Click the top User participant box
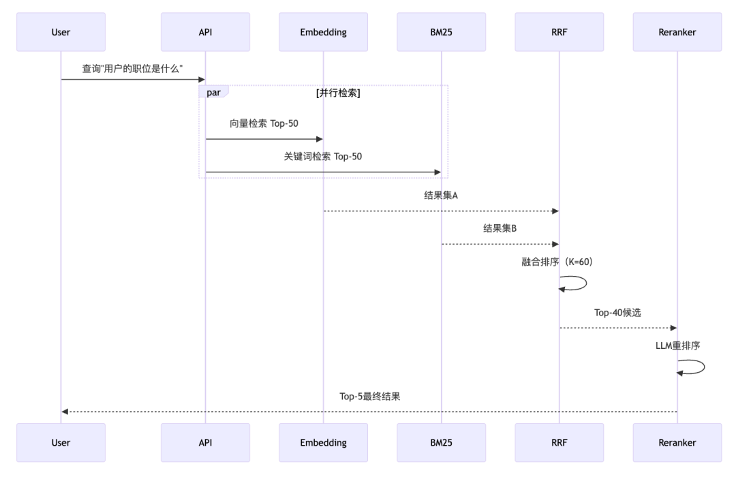pyautogui.click(x=61, y=32)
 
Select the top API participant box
pyautogui.click(x=205, y=32)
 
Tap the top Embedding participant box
pyautogui.click(x=323, y=32)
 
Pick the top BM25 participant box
pyautogui.click(x=441, y=32)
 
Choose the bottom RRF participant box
pyautogui.click(x=559, y=442)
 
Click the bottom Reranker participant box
pyautogui.click(x=677, y=442)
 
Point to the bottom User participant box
pyautogui.click(x=61, y=442)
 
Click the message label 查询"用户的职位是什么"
pyautogui.click(x=133, y=69)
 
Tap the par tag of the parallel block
pyautogui.click(x=213, y=93)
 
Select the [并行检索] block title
pyautogui.click(x=338, y=93)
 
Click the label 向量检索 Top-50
pyautogui.click(x=264, y=124)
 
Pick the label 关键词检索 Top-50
pyautogui.click(x=323, y=157)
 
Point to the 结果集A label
pyautogui.click(x=441, y=196)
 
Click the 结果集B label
pyautogui.click(x=500, y=228)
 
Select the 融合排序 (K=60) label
pyautogui.click(x=559, y=262)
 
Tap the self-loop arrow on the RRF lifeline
pyautogui.click(x=574, y=283)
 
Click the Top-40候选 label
pyautogui.click(x=617, y=312)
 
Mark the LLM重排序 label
pyautogui.click(x=677, y=345)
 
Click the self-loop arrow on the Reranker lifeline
pyautogui.click(x=692, y=367)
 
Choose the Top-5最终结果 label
pyautogui.click(x=369, y=396)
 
